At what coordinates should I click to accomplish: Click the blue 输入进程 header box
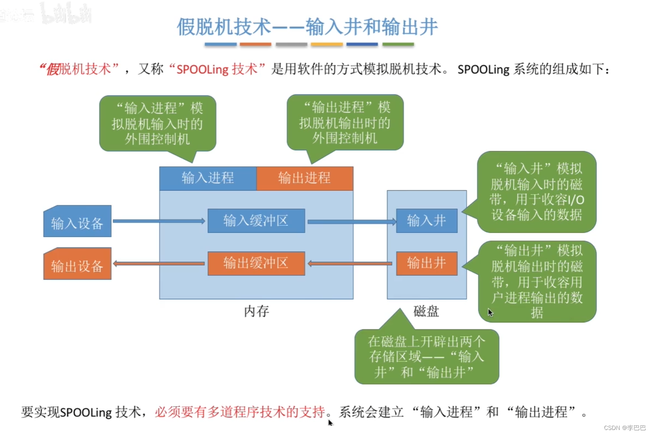208,178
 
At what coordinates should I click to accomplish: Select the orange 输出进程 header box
305,178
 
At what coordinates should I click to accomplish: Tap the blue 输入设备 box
77,222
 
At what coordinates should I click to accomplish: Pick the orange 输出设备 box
77,265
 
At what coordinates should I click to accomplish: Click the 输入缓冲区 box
256,220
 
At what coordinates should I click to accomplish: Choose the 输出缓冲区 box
256,263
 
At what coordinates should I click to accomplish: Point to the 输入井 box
426,220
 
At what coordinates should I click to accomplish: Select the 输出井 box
426,263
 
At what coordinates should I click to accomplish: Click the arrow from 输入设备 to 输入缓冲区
159,221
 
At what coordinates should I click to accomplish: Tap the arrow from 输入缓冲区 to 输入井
351,221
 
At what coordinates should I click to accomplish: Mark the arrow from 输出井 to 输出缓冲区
351,264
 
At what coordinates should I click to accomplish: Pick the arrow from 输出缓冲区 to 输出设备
159,264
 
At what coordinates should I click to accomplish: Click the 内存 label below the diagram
256,311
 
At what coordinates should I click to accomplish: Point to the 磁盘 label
426,311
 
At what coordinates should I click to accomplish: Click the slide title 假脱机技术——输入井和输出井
307,27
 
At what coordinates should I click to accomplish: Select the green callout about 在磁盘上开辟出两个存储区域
426,357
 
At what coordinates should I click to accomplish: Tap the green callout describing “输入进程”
158,123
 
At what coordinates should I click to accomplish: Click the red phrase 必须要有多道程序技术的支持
240,412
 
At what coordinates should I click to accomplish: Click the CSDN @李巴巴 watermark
625,427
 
